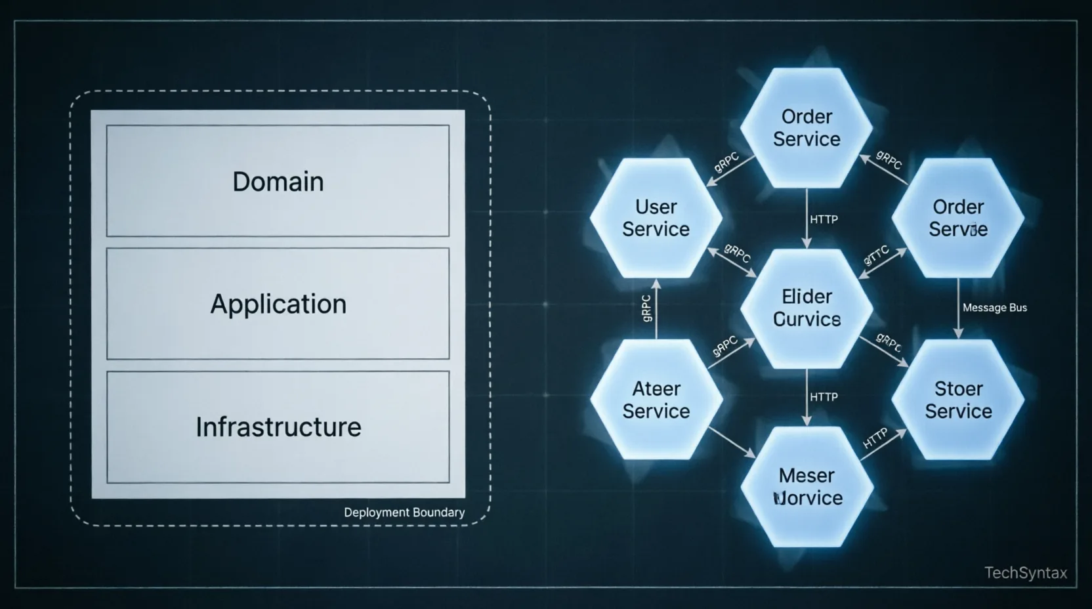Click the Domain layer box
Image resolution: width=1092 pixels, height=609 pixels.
278,181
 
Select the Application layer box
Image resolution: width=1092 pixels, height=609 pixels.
278,304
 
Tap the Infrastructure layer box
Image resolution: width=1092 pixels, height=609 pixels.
278,427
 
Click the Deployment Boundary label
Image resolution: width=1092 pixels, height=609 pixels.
404,513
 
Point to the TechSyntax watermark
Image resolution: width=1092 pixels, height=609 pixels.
1026,573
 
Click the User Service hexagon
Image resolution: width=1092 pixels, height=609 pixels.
656,218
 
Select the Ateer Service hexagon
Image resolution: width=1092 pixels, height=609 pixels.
656,400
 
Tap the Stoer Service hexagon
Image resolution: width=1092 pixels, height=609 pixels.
958,400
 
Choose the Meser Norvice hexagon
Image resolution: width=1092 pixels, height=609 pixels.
807,487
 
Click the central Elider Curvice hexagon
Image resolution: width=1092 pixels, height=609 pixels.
807,308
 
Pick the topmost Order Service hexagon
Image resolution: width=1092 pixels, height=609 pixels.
807,128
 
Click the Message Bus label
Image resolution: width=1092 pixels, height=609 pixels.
994,308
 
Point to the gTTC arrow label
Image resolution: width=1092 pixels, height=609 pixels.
877,255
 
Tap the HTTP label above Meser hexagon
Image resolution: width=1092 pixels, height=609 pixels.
824,397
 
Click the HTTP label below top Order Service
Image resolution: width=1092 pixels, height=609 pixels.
824,219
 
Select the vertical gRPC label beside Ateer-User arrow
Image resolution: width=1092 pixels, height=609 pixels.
646,308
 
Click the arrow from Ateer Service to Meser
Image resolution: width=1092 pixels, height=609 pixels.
732,442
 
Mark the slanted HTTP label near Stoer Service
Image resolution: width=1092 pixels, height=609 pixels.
875,438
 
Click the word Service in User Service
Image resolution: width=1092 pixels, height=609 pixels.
656,230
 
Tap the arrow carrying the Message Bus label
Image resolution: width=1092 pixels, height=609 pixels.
958,308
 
